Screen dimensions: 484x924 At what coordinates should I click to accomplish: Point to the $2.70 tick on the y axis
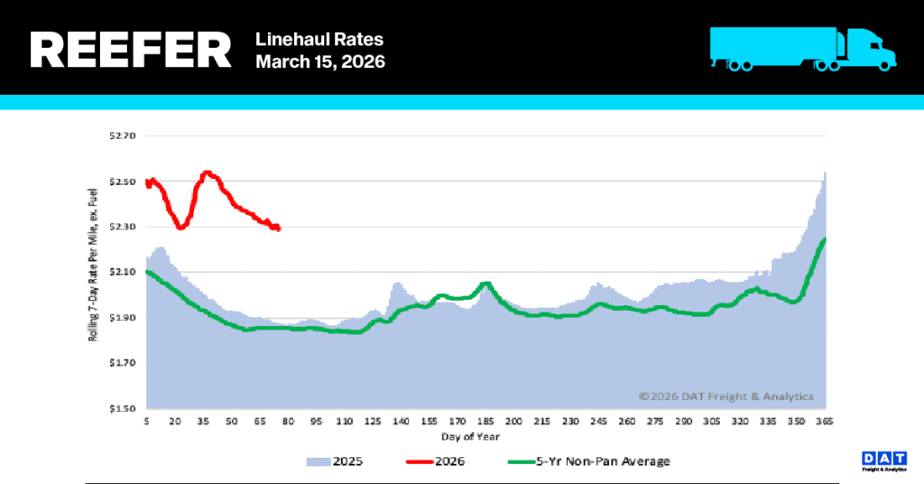[x=121, y=136]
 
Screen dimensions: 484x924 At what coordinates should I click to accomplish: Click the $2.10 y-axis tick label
[x=121, y=273]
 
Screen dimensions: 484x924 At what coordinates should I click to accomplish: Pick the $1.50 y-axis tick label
[x=121, y=409]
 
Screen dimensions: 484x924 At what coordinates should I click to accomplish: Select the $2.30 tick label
[x=121, y=228]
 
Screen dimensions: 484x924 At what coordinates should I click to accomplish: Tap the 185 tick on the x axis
[x=485, y=422]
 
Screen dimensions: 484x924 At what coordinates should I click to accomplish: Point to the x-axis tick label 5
[x=146, y=422]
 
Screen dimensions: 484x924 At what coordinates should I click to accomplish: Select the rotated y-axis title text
[x=92, y=272]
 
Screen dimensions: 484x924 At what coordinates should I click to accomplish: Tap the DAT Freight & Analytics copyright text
[x=726, y=396]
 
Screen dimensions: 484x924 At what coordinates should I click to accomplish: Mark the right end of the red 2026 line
[x=278, y=228]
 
